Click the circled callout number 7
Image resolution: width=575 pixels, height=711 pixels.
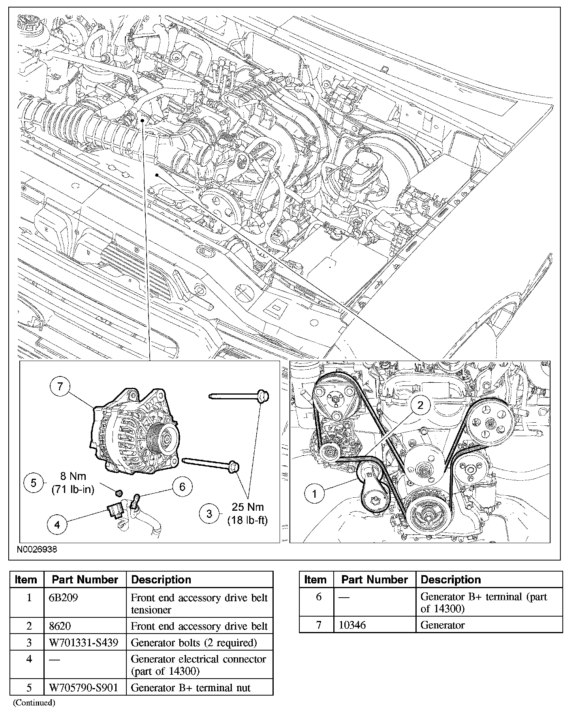tap(60, 386)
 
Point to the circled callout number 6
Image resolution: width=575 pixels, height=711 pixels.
tap(182, 486)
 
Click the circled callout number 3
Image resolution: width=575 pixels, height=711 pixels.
tap(209, 513)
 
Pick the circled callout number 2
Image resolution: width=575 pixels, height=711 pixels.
tap(420, 405)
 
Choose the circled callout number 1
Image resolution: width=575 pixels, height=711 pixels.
tap(315, 494)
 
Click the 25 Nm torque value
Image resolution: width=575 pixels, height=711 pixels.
tap(248, 507)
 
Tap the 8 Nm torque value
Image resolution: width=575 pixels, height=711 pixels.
tap(73, 476)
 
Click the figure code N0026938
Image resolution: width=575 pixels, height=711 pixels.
tap(37, 549)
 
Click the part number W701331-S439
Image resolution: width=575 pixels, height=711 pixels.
tap(83, 643)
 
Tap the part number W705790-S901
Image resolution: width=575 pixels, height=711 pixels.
tap(83, 688)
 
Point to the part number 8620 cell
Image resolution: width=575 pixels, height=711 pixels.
tap(60, 626)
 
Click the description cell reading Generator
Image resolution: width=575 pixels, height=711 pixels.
tap(443, 625)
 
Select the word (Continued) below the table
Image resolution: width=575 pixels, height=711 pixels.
tap(34, 702)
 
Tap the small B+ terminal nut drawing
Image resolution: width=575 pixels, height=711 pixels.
tap(118, 493)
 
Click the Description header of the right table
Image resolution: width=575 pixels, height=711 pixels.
tap(451, 579)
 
